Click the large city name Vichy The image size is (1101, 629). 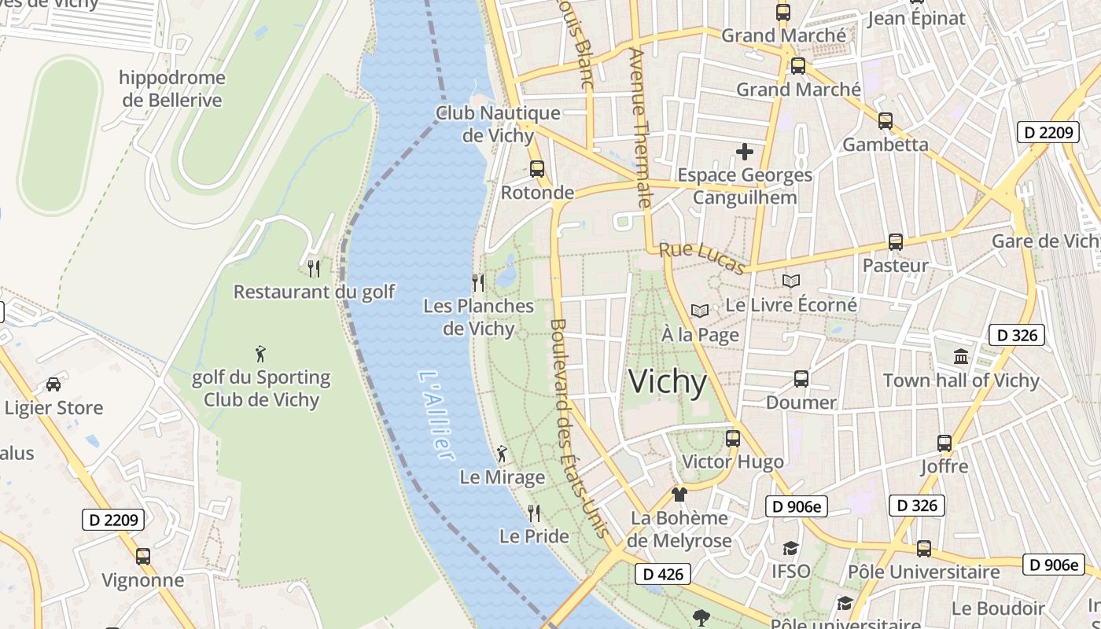click(668, 382)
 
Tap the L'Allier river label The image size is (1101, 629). click(436, 416)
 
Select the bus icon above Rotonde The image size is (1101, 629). click(537, 168)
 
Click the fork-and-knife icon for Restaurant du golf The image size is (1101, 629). click(314, 269)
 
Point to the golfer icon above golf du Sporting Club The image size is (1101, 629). click(261, 354)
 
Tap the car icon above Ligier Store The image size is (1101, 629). click(53, 384)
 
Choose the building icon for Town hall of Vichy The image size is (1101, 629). click(961, 357)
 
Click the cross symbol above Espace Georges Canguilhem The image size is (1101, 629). click(744, 151)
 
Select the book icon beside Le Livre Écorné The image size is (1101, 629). click(791, 281)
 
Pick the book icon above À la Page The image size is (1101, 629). click(700, 311)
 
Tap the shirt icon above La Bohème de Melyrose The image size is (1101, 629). click(679, 495)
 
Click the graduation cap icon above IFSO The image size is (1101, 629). click(790, 548)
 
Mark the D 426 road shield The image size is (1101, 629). click(662, 574)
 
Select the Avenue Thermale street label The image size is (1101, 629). click(640, 128)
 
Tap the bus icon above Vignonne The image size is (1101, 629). click(143, 557)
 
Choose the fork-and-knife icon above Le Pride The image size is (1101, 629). click(534, 513)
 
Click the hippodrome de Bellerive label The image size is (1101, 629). click(172, 89)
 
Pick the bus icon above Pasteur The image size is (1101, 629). click(896, 242)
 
